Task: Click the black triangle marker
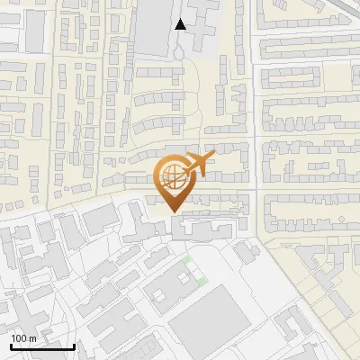tap(182, 24)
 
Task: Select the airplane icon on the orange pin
tap(196, 165)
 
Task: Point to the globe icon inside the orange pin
tap(171, 175)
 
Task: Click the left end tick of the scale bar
tap(10, 346)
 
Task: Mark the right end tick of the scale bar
tap(74, 346)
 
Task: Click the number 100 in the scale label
tap(19, 338)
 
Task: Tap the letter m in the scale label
tap(32, 338)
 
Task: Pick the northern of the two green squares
tap(187, 260)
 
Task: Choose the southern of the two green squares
tap(202, 280)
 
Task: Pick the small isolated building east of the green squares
tap(245, 254)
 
